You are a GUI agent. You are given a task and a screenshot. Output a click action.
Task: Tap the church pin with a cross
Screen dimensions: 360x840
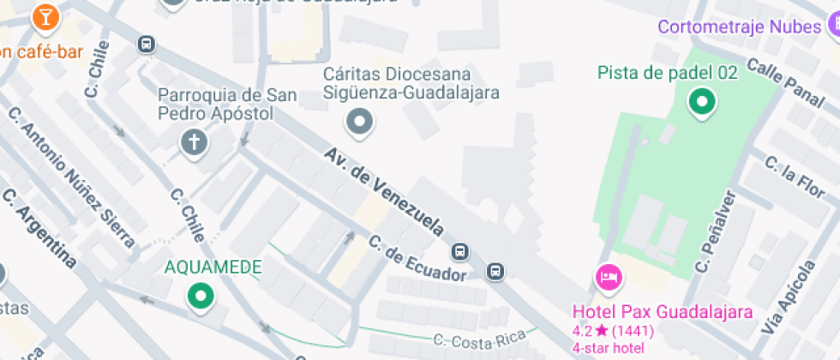[195, 141]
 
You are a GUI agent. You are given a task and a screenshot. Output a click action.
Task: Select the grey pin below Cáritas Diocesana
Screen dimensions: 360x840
[359, 122]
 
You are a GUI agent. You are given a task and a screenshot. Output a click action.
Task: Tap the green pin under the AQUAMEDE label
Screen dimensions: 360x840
[201, 297]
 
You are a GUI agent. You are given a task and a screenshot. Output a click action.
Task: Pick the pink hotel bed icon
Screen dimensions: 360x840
[609, 277]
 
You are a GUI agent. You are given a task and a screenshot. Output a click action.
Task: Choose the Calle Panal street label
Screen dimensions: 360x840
[785, 77]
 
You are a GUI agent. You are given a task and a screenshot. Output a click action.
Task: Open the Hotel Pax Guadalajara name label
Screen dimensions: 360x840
[663, 311]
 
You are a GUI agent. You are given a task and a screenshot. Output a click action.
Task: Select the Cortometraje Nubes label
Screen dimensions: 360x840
[739, 27]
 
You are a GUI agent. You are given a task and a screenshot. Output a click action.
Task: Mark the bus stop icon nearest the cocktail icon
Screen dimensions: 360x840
[147, 43]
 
